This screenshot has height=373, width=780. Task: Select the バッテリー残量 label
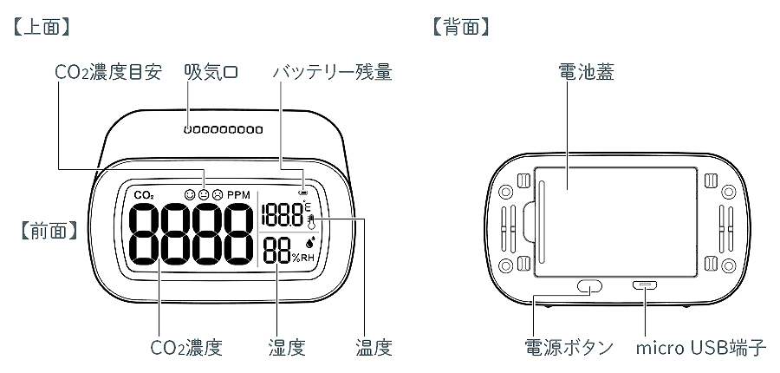[x=333, y=73]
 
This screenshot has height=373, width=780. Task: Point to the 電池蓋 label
[x=587, y=73]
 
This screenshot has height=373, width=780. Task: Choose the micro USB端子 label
[x=701, y=349]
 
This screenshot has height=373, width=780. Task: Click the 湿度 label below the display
[x=286, y=349]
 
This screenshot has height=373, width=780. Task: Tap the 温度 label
[x=374, y=349]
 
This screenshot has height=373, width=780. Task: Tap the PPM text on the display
[x=237, y=195]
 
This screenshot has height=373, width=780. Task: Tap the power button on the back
[x=589, y=285]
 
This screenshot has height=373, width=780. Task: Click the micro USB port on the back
[x=646, y=285]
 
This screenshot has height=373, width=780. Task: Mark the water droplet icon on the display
[x=309, y=243]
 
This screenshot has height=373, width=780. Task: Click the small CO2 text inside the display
[x=145, y=195]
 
